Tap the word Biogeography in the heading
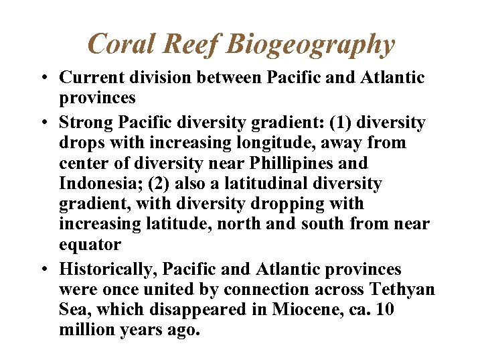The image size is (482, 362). [x=311, y=44]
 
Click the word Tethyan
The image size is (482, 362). [x=401, y=290]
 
